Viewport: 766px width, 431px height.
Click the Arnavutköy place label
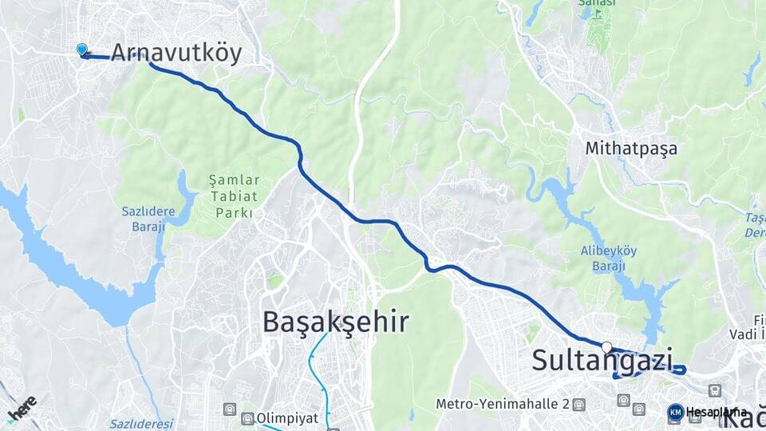(x=176, y=53)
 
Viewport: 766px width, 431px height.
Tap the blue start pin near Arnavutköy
(x=81, y=49)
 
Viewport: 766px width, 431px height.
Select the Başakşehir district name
(x=336, y=322)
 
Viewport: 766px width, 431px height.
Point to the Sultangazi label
(x=602, y=360)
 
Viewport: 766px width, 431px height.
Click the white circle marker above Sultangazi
(x=607, y=347)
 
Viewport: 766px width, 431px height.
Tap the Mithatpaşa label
(x=630, y=148)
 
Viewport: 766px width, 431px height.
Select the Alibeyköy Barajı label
(x=608, y=259)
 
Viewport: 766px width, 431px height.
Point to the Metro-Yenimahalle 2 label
(x=501, y=404)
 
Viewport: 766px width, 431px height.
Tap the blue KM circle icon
(x=675, y=412)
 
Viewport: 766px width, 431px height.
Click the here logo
(x=22, y=408)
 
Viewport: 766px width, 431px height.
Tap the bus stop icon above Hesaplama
(x=715, y=390)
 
